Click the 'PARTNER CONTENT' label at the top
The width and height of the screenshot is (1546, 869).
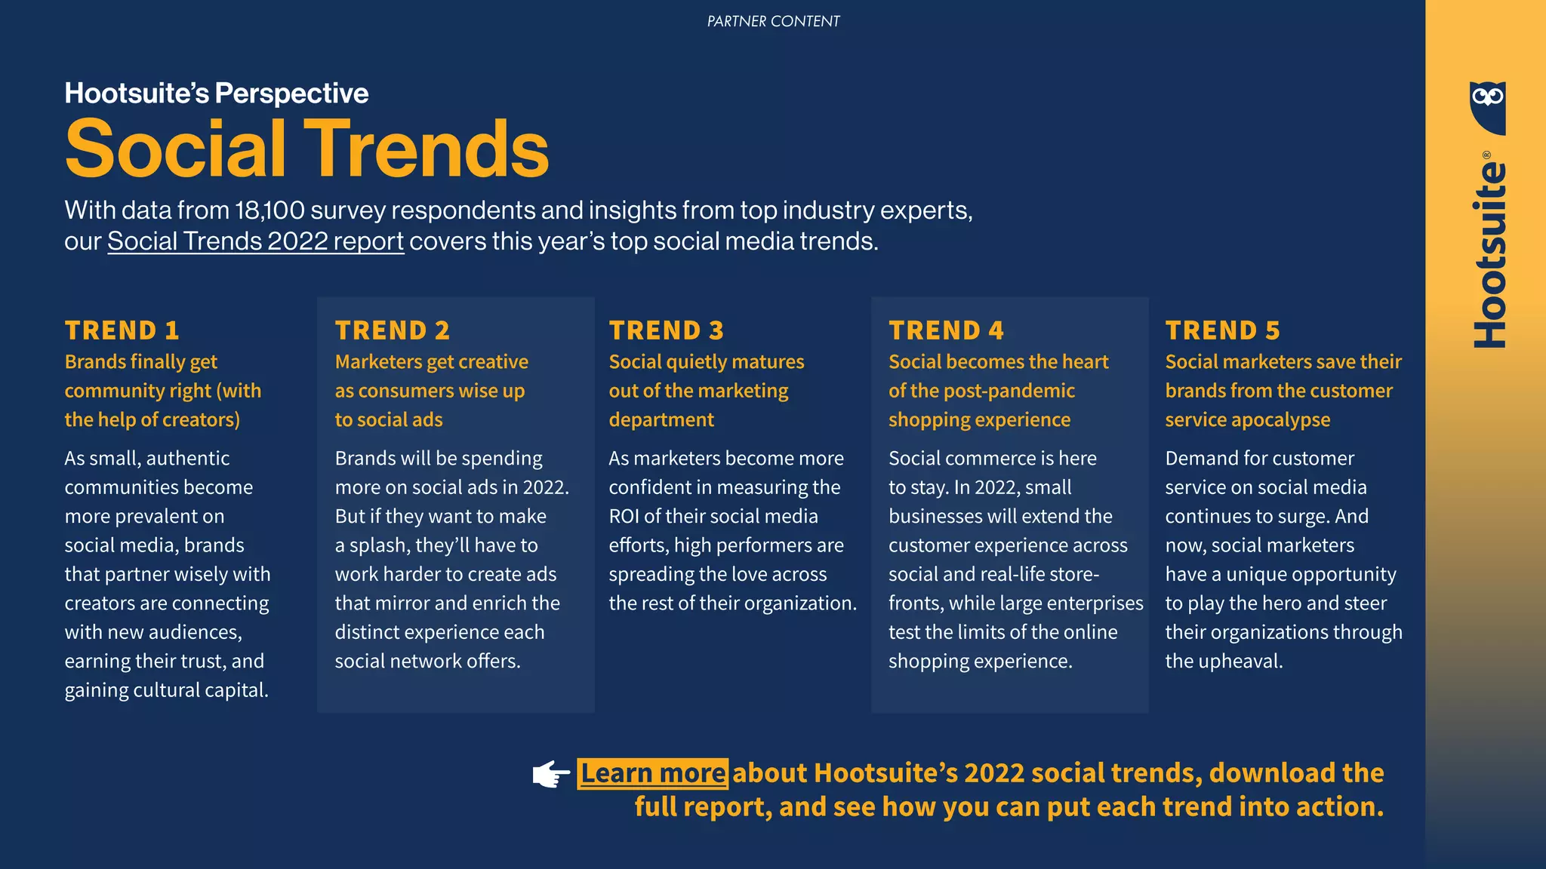coord(773,21)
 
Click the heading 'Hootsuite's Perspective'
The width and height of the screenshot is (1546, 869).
coord(217,94)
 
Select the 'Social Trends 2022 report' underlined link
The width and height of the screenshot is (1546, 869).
coord(255,241)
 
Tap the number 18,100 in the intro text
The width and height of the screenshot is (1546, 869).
coord(269,210)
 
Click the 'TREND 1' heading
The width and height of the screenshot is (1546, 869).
coord(122,330)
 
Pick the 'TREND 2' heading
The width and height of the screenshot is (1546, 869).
coord(393,330)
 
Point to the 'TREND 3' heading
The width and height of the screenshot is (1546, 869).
coord(667,330)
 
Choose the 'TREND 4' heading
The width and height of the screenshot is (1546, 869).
coord(947,330)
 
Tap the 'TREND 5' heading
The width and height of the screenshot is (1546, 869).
coord(1223,330)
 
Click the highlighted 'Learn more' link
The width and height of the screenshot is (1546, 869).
coord(653,773)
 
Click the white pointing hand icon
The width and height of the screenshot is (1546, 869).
coord(551,774)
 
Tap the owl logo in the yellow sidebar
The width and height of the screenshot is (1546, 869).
coord(1487,106)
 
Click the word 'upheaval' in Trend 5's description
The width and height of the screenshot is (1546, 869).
coord(1246,662)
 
